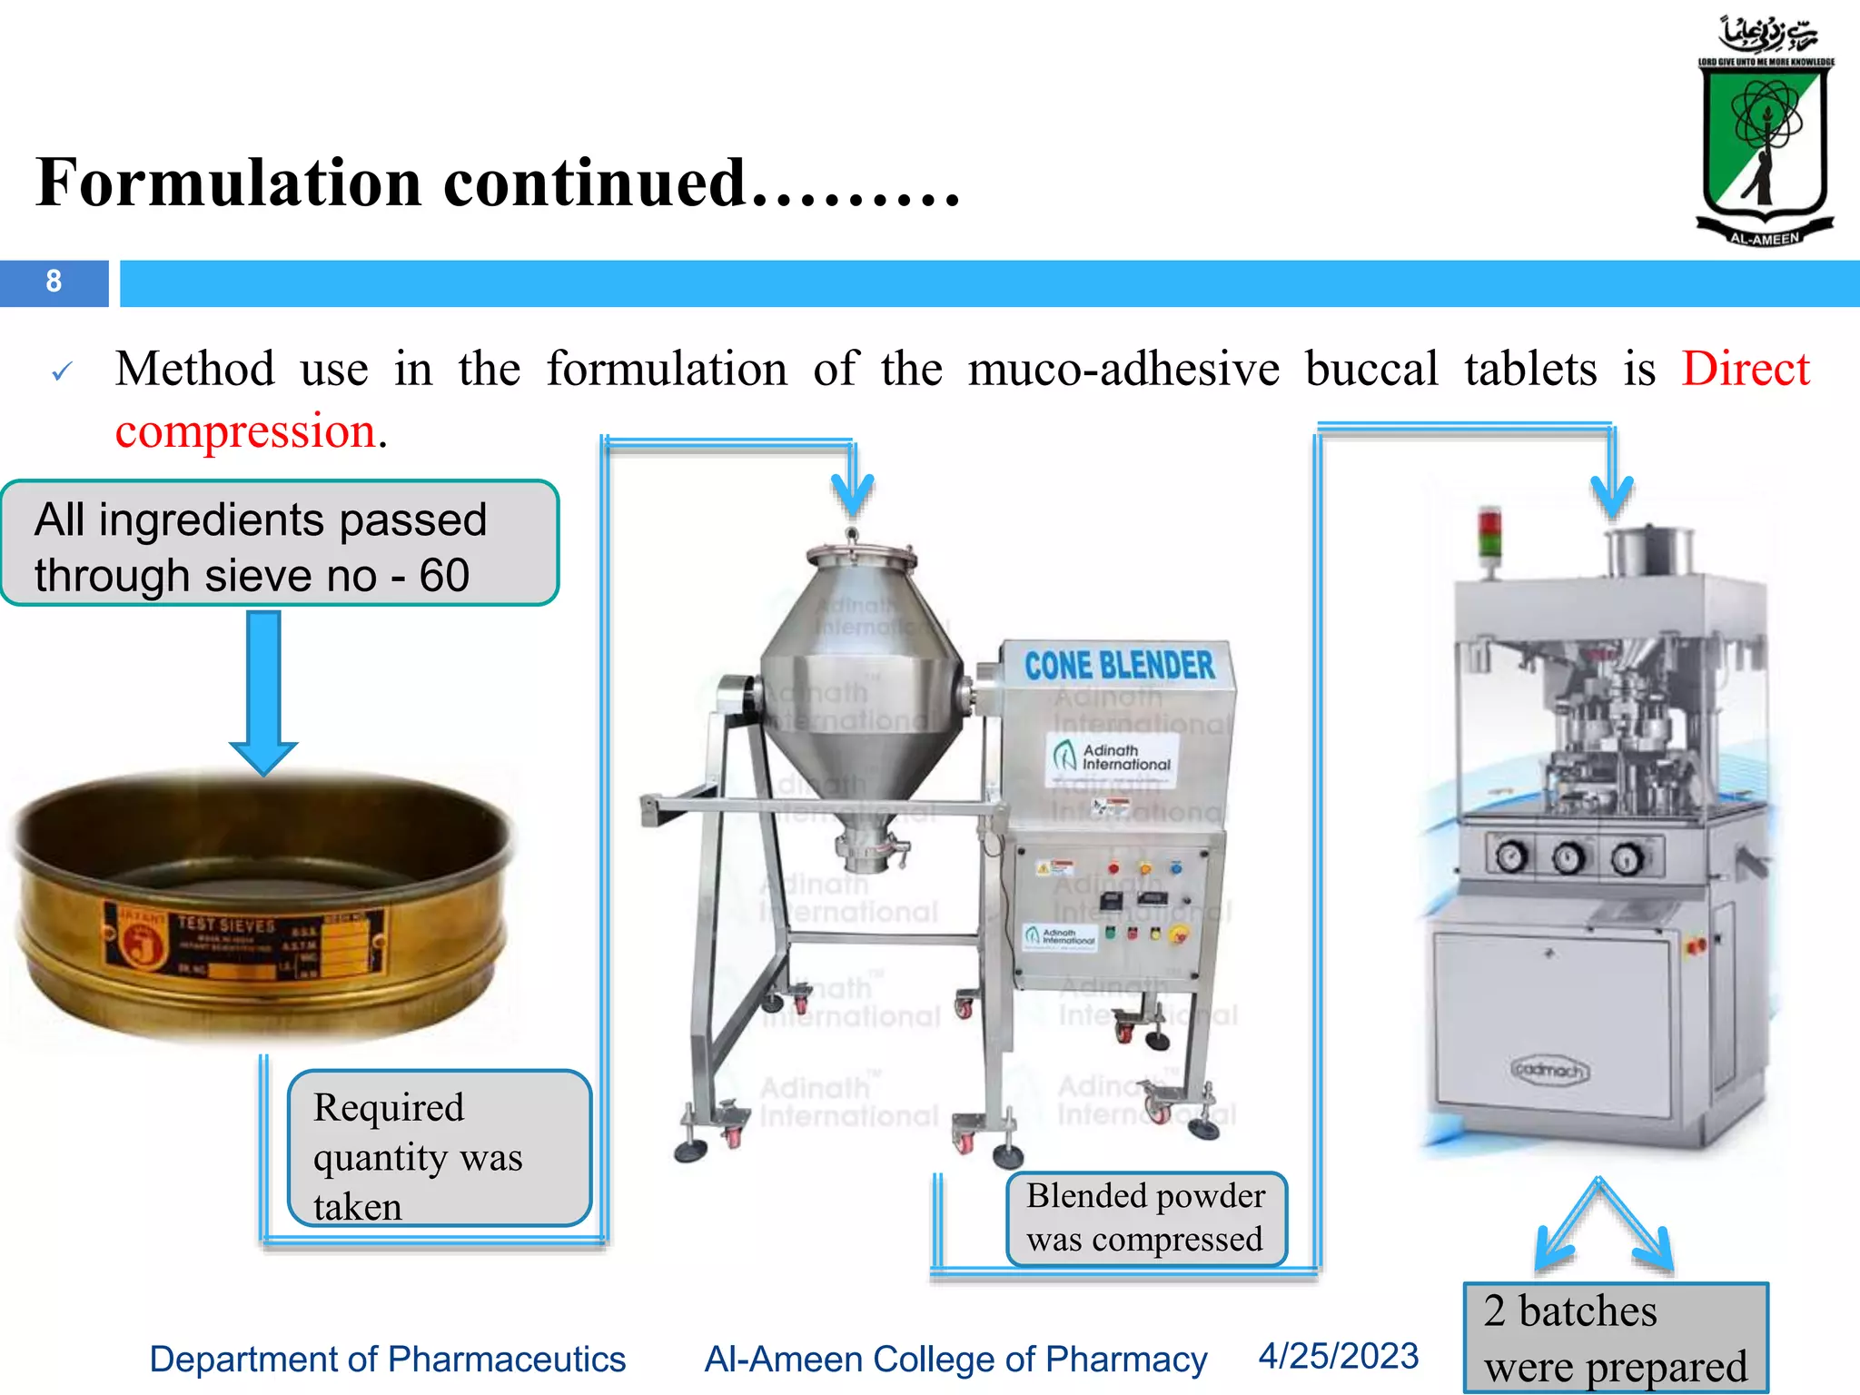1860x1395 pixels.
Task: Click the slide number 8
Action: (54, 282)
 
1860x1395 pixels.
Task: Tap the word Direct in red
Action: (1745, 370)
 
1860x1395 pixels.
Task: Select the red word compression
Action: (245, 430)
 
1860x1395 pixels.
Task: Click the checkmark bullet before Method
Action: (62, 371)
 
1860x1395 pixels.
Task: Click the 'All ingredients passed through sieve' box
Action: (279, 544)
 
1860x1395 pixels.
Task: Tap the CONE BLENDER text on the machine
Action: (1119, 666)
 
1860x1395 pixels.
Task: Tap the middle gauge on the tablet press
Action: (1568, 856)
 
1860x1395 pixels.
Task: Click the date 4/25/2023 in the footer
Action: (1338, 1356)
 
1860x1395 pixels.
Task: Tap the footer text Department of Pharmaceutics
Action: (388, 1360)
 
